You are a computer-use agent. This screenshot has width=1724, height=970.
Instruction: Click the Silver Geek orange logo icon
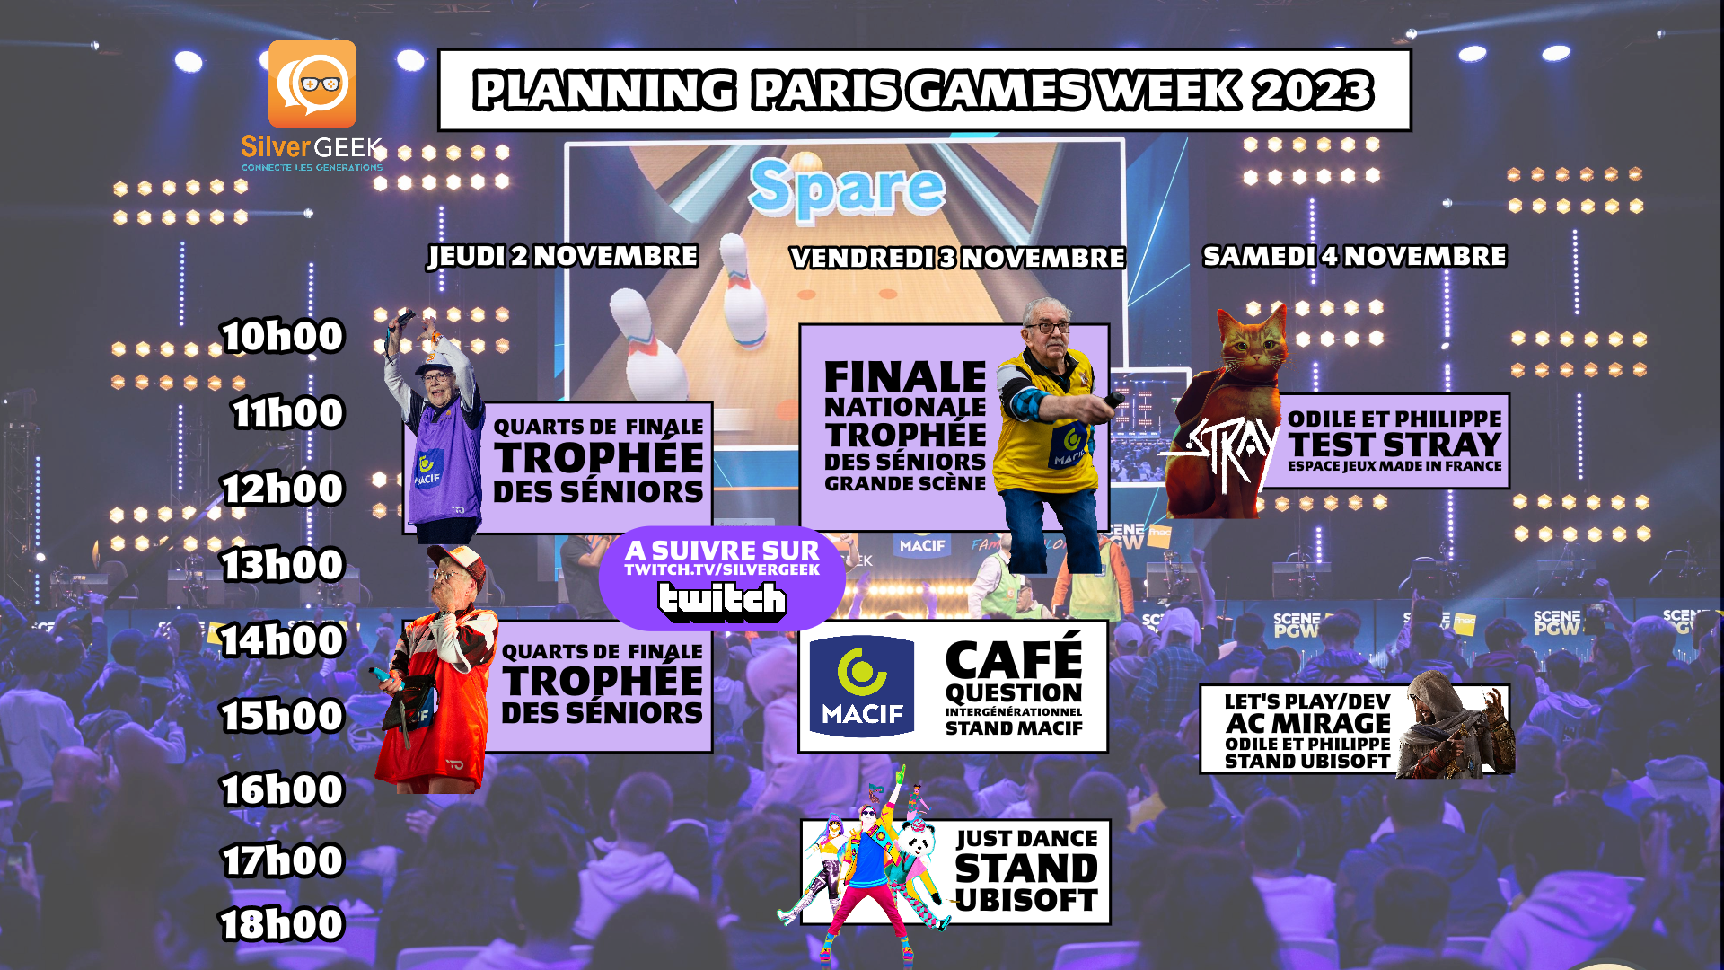312,84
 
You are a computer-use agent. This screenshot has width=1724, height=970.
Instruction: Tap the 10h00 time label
283,337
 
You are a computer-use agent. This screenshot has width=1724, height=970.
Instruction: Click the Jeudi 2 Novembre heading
563,257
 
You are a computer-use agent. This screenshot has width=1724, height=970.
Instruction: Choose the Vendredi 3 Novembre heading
957,259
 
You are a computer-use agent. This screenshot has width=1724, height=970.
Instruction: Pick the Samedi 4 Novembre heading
1355,257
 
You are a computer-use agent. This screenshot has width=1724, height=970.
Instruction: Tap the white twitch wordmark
722,601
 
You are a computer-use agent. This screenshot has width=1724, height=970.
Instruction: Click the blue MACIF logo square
862,687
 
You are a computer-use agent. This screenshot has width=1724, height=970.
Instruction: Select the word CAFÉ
1015,658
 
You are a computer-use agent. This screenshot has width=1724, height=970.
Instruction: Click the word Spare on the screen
847,189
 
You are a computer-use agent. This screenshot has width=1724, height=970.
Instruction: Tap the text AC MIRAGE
1308,723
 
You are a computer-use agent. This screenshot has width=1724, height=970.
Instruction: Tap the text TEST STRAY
1394,445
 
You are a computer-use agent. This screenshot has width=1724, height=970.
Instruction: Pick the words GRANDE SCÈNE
905,484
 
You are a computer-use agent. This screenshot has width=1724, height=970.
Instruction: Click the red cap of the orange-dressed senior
458,561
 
